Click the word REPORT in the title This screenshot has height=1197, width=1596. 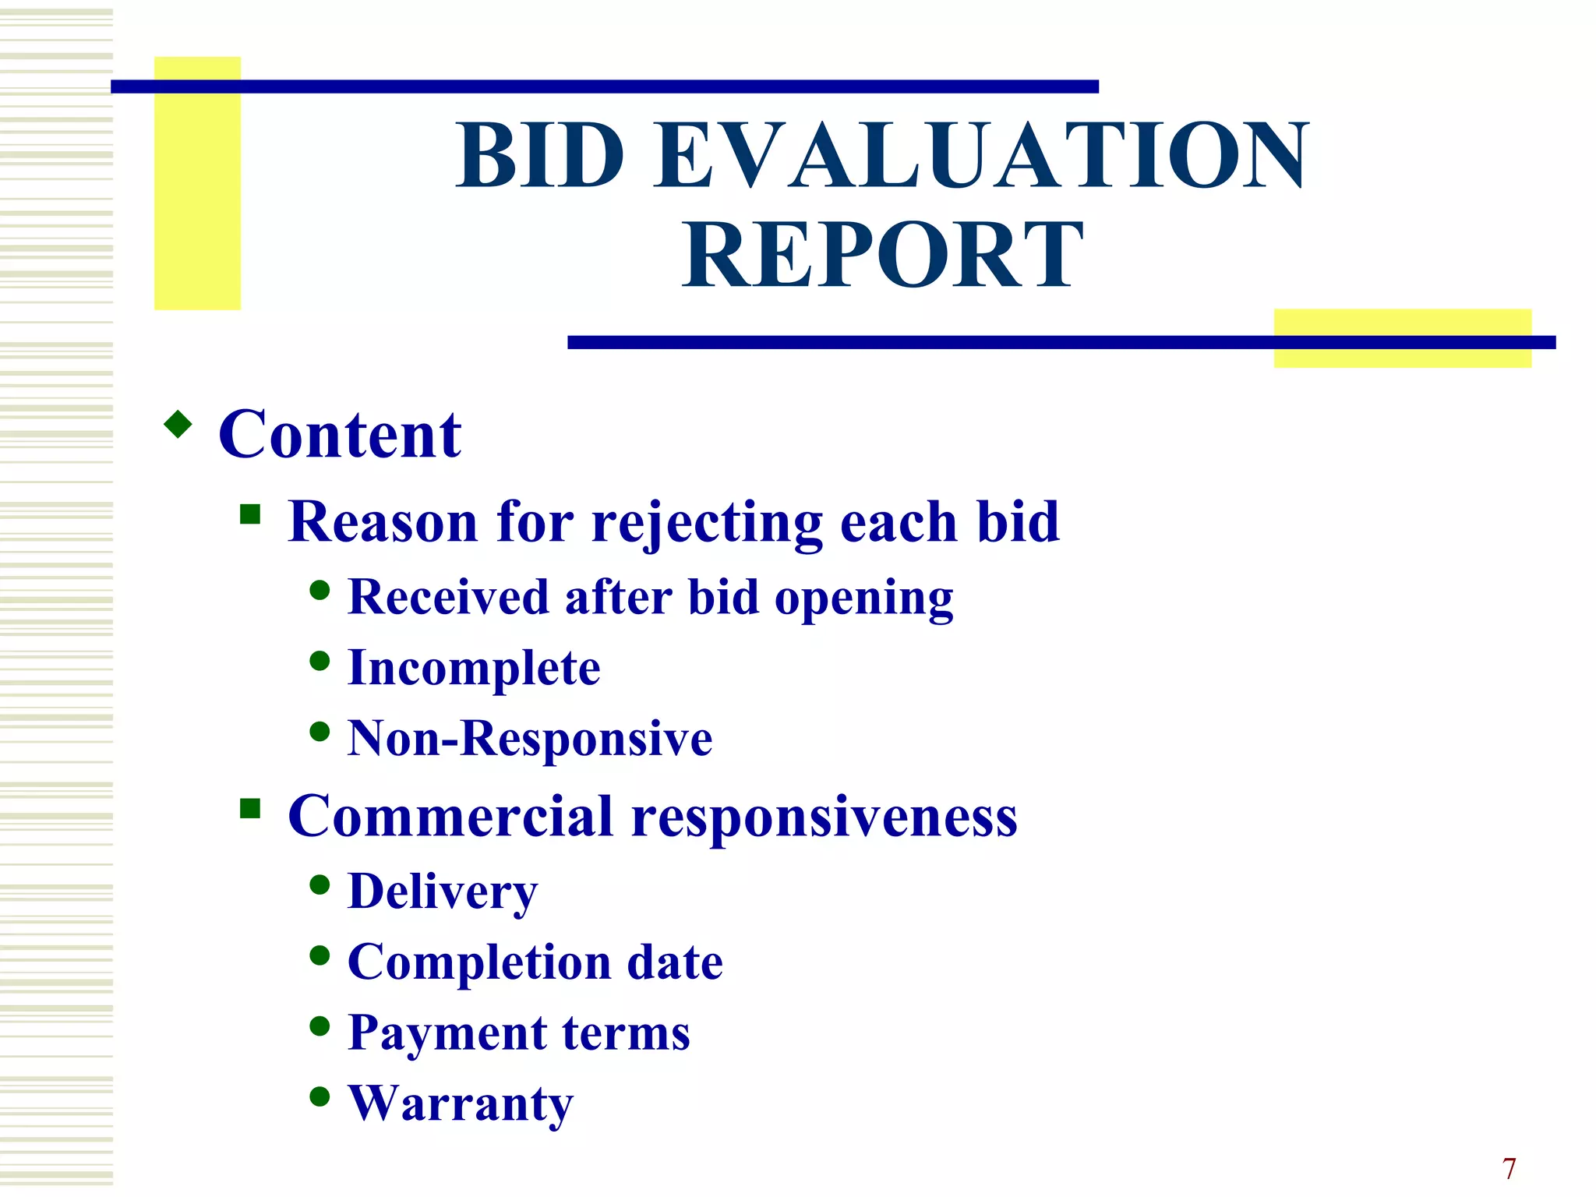point(883,256)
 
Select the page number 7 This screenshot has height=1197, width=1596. point(1509,1168)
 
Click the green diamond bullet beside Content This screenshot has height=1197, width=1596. point(178,425)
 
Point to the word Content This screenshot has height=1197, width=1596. point(340,435)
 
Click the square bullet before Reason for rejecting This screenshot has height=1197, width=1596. point(250,514)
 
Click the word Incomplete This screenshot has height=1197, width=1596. point(474,669)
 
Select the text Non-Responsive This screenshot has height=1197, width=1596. point(530,739)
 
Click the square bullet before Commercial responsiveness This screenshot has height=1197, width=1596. point(250,808)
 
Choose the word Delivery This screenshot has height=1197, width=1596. point(443,892)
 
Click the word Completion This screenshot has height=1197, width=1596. point(479,963)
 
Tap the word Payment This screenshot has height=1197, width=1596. point(447,1034)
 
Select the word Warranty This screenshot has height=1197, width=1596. point(461,1104)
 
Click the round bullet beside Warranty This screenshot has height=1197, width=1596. point(320,1096)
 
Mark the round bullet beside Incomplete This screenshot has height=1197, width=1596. point(320,661)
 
